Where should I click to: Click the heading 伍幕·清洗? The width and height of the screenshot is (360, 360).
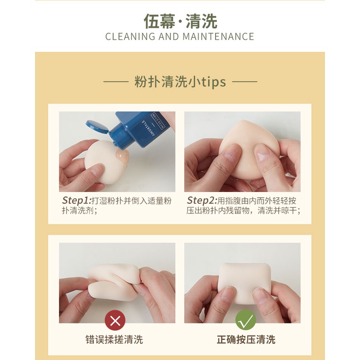[x=180, y=21]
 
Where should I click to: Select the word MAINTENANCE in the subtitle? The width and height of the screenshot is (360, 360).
[x=218, y=37]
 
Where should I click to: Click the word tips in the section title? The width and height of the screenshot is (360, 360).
[x=214, y=82]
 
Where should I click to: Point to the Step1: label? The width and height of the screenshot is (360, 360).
[x=77, y=201]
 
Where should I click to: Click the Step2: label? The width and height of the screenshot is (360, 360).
[x=202, y=201]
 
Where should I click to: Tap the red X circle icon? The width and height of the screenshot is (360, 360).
[x=115, y=320]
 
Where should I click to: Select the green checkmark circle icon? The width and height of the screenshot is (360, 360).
[x=246, y=320]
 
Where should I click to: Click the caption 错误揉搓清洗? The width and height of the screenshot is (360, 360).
[x=114, y=339]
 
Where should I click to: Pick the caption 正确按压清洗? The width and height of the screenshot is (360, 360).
[x=246, y=339]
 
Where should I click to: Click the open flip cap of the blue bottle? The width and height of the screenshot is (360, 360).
[x=97, y=127]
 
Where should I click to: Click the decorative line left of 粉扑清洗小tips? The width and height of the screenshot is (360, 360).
[x=116, y=82]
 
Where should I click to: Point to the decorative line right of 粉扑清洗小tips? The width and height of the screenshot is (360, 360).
[x=245, y=82]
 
